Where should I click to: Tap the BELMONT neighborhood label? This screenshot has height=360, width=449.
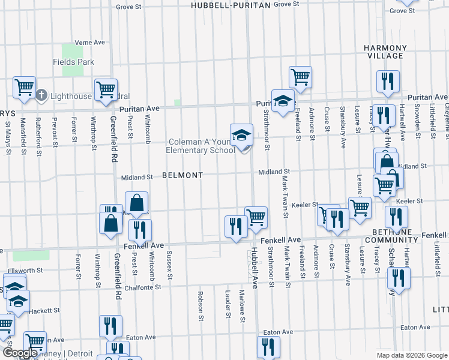pyautogui.click(x=182, y=175)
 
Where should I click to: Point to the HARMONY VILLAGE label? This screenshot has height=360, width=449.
pyautogui.click(x=384, y=52)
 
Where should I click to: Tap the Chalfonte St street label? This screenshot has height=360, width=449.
pyautogui.click(x=141, y=287)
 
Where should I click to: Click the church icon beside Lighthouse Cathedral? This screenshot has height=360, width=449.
pyautogui.click(x=41, y=95)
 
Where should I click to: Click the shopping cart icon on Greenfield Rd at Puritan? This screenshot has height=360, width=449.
pyautogui.click(x=106, y=89)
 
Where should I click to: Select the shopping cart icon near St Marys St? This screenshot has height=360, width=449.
pyautogui.click(x=24, y=88)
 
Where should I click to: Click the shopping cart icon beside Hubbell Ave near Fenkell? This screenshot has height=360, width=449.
pyautogui.click(x=256, y=216)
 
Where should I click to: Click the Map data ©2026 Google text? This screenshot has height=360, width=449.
pyautogui.click(x=412, y=355)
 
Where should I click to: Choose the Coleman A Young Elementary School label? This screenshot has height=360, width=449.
pyautogui.click(x=201, y=146)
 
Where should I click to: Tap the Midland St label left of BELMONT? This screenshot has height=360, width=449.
pyautogui.click(x=137, y=178)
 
